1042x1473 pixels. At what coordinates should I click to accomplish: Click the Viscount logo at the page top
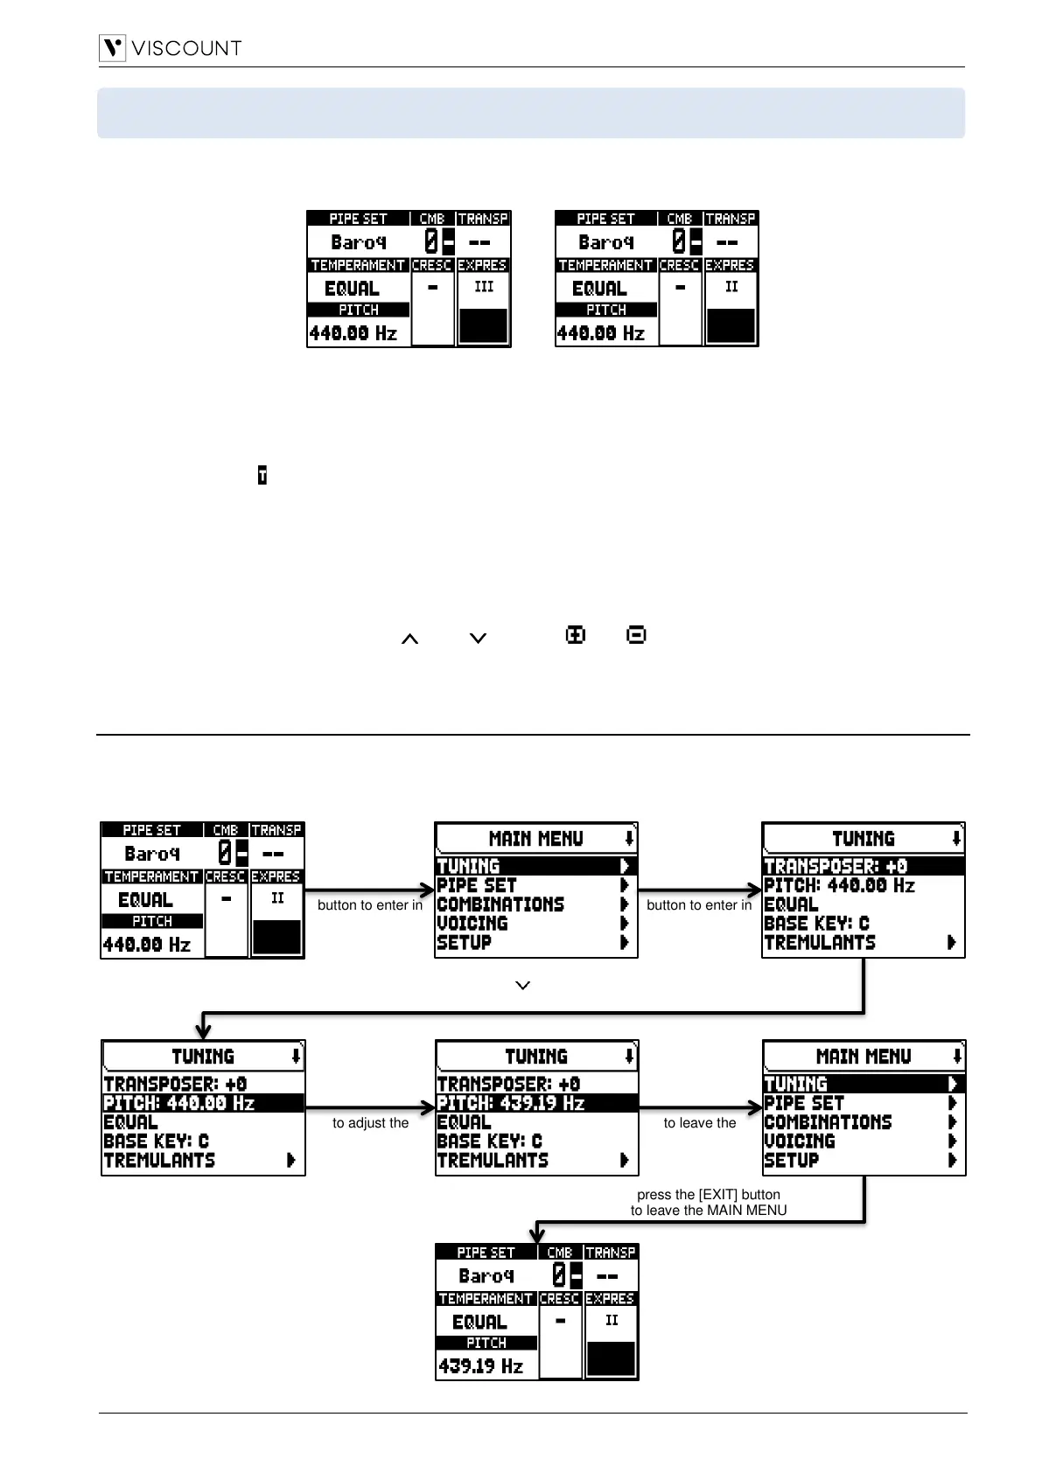(x=171, y=47)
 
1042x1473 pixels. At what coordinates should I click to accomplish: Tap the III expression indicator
(x=483, y=287)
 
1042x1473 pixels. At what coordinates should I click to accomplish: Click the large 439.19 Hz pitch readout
(x=481, y=1365)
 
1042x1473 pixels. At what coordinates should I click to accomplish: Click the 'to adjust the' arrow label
(x=370, y=1123)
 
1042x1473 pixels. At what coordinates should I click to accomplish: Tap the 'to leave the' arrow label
(x=700, y=1123)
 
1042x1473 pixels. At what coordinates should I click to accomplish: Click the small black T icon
(x=262, y=476)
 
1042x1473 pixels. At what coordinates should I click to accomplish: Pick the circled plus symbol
(x=575, y=636)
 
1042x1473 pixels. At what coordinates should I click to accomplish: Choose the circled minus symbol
(x=636, y=636)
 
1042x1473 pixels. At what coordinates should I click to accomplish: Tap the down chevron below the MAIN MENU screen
(x=523, y=986)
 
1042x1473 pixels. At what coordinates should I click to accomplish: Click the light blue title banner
(x=530, y=113)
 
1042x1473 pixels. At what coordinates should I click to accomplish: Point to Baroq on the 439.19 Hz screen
(x=486, y=1276)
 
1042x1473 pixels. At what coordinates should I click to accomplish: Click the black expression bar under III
(x=483, y=325)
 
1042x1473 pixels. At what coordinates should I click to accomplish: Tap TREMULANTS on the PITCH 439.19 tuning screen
(x=493, y=1161)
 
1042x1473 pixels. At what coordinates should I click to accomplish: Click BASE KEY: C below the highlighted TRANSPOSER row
(x=816, y=924)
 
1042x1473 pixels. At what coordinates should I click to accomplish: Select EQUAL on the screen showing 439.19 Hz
(x=479, y=1323)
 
